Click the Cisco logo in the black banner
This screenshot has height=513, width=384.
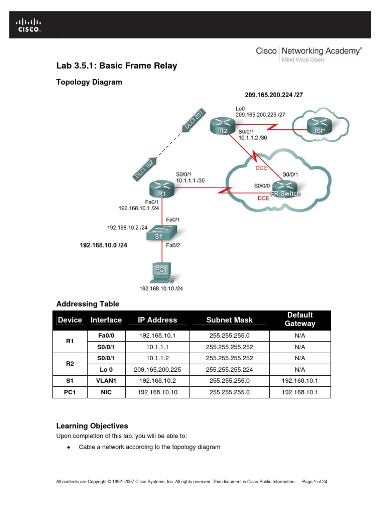tap(29, 25)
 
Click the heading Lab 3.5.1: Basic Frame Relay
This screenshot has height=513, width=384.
tap(117, 66)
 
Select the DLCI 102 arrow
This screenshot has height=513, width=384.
tap(145, 167)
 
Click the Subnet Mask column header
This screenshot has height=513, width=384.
tap(229, 320)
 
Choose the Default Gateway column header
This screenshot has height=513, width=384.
tap(300, 319)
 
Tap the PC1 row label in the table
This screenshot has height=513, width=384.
tap(70, 393)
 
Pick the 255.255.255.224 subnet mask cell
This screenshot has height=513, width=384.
tap(229, 369)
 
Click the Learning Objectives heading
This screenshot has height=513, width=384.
tap(92, 426)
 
